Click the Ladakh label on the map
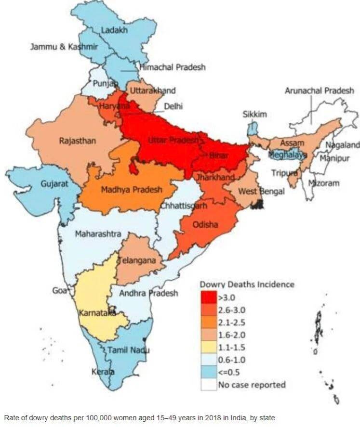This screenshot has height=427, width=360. (114, 30)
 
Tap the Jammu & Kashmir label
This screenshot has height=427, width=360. (64, 47)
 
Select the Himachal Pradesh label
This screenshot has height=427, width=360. (173, 67)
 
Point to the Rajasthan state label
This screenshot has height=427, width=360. (78, 141)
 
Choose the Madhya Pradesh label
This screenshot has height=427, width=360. (131, 190)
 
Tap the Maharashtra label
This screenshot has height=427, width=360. (98, 234)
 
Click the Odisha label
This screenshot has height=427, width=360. (205, 225)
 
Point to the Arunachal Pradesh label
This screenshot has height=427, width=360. (319, 91)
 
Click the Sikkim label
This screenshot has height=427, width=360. (254, 115)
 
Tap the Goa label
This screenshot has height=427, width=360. (59, 291)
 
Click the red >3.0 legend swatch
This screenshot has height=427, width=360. (209, 298)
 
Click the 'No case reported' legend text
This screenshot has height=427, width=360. (252, 385)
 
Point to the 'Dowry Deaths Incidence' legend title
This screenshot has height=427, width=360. (247, 285)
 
